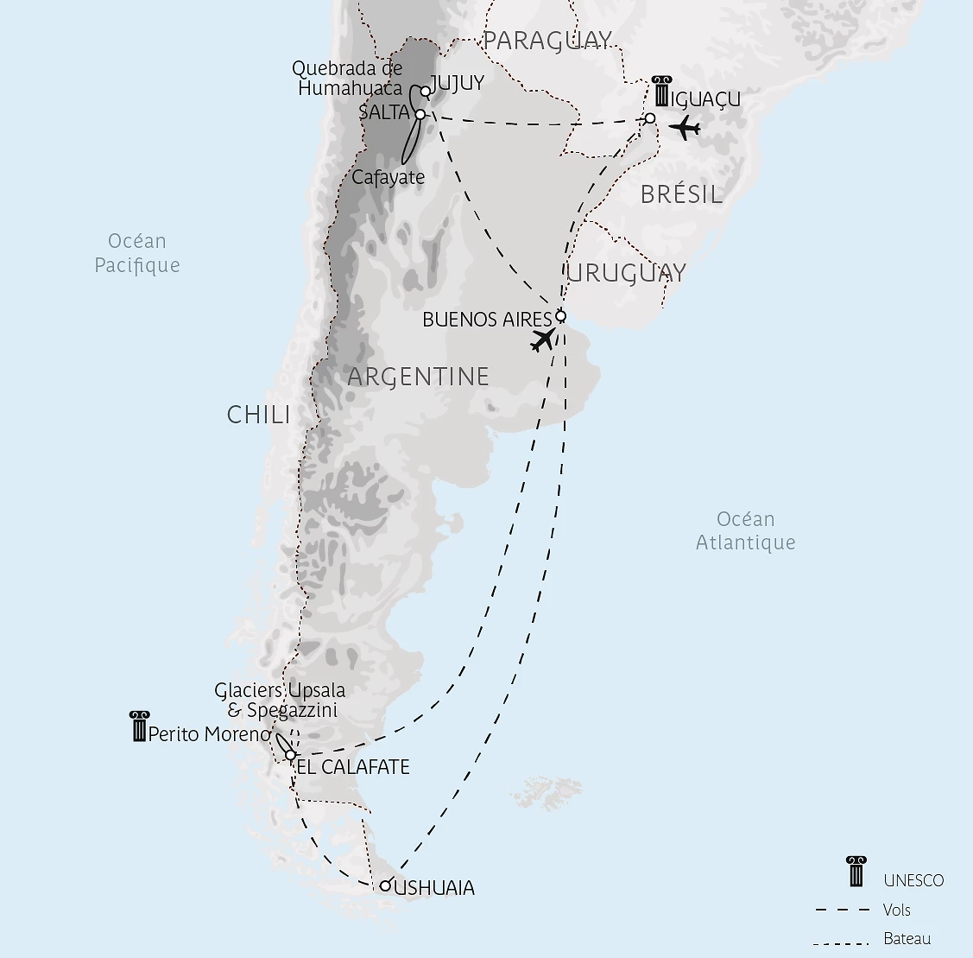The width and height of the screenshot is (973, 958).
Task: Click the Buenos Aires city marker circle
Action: pyautogui.click(x=560, y=316)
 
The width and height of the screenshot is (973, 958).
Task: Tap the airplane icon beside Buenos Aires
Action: pyautogui.click(x=543, y=339)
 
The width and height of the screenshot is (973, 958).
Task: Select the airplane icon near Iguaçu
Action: pyautogui.click(x=685, y=129)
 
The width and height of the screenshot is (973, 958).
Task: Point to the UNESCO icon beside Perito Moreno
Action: pyautogui.click(x=139, y=726)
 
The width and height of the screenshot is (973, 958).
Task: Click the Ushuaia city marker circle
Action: pyautogui.click(x=385, y=885)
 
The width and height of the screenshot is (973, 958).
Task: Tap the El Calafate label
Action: pyautogui.click(x=353, y=767)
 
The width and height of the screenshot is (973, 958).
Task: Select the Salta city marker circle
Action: pyautogui.click(x=420, y=114)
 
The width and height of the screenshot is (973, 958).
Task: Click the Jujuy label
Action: pyautogui.click(x=457, y=83)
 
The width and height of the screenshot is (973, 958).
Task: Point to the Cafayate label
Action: pyautogui.click(x=389, y=177)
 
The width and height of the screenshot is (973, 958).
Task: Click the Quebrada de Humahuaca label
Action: pyautogui.click(x=348, y=78)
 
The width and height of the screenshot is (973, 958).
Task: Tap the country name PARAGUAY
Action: pyautogui.click(x=547, y=41)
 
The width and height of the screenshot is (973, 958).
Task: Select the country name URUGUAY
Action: pyautogui.click(x=627, y=273)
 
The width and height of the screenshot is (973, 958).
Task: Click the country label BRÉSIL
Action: pyautogui.click(x=681, y=195)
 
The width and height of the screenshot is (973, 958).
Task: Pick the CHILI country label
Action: pyautogui.click(x=258, y=415)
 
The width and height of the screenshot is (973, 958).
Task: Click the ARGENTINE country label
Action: pyautogui.click(x=418, y=377)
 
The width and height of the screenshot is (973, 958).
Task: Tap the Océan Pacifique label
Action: pyautogui.click(x=137, y=253)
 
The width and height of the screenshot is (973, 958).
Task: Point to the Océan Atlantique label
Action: pyautogui.click(x=746, y=530)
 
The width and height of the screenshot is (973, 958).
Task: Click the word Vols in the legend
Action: pyautogui.click(x=897, y=910)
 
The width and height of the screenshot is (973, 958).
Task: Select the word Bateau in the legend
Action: pyautogui.click(x=907, y=939)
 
